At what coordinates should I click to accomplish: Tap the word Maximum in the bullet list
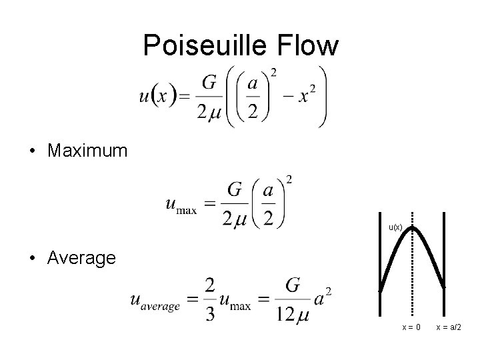click(87, 151)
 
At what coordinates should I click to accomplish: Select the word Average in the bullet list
click(82, 257)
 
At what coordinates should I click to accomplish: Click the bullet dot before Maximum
click(33, 151)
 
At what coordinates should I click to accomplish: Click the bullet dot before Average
click(33, 258)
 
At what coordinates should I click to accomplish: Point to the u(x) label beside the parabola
click(395, 227)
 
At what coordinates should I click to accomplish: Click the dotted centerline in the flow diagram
click(413, 280)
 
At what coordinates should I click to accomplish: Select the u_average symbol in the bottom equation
click(156, 302)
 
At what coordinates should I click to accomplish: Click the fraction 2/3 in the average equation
click(210, 301)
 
